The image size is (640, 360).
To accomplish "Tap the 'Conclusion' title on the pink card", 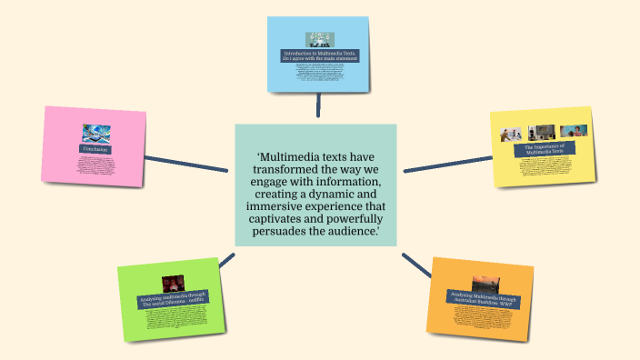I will point(95,149).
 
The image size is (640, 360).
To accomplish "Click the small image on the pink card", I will point(95,133).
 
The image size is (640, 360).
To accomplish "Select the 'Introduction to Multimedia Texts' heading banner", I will point(319,56).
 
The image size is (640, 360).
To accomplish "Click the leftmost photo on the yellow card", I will point(510,134).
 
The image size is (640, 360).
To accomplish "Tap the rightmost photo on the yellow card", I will point(572,131).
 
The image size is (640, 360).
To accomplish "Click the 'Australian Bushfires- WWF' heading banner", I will point(482,299).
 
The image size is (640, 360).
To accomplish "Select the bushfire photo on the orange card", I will point(485,284).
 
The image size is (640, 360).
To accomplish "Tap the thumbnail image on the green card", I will point(174,284).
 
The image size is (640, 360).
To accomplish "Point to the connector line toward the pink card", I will point(186,164).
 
